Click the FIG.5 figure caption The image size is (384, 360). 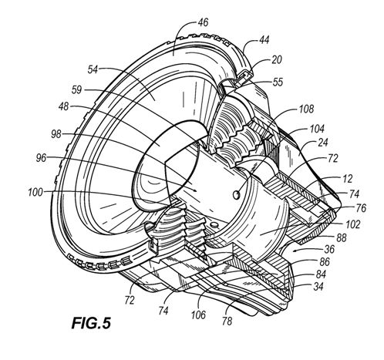(91, 323)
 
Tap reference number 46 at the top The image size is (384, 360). (203, 22)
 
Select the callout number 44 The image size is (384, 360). (264, 40)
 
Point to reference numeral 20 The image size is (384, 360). (277, 60)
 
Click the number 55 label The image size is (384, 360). (278, 82)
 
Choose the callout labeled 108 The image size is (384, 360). (306, 109)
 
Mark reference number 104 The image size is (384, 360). (317, 129)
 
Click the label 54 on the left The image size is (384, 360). (93, 69)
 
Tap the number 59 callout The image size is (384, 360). (76, 90)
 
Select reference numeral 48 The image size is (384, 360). (63, 106)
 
